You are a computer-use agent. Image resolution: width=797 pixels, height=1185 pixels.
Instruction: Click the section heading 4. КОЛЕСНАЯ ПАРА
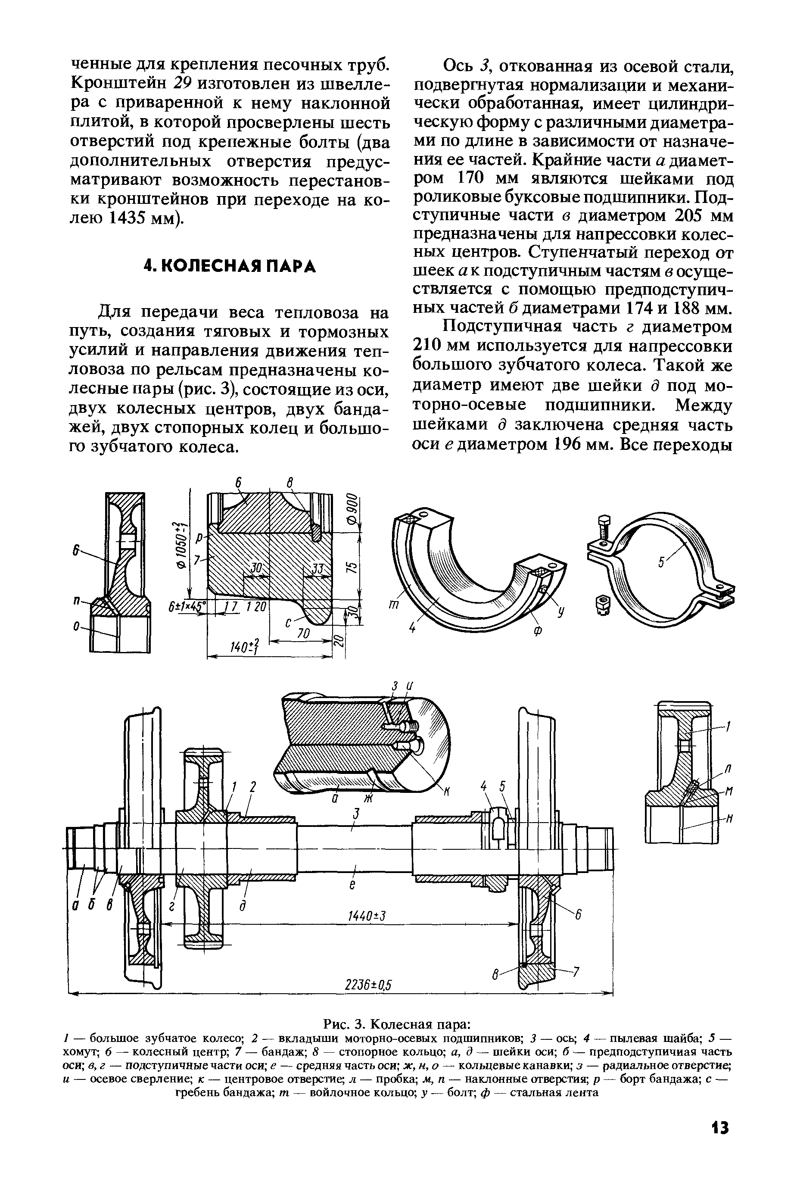point(230,266)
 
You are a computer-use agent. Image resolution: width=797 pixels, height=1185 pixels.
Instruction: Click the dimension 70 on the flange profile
point(303,633)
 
